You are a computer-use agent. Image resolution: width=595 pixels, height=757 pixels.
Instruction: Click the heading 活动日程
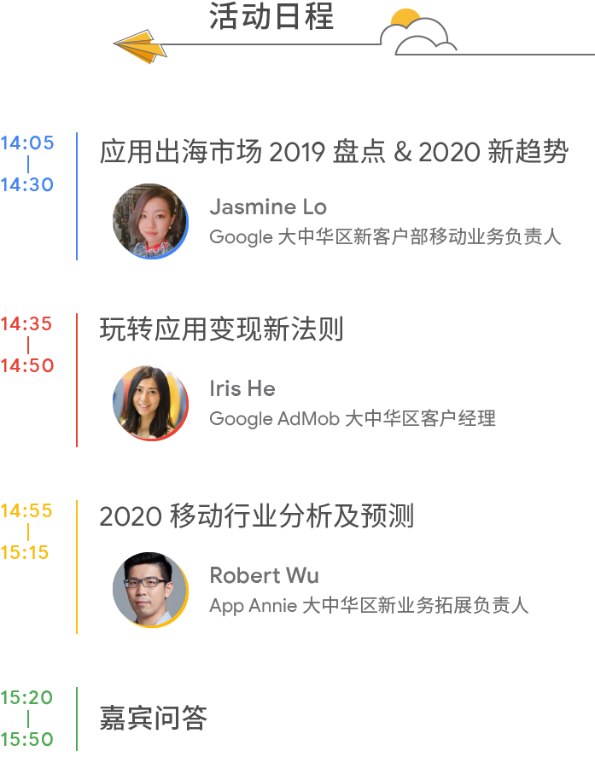click(x=271, y=17)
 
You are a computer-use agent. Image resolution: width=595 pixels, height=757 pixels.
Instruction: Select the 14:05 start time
click(x=26, y=143)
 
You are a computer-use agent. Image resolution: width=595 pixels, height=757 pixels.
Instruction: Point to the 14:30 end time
click(x=26, y=184)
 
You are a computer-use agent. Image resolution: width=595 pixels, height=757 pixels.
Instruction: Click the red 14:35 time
click(x=26, y=324)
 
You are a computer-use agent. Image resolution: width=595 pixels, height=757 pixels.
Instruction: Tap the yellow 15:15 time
click(x=26, y=552)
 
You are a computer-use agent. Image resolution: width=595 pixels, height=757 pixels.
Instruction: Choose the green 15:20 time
click(x=26, y=698)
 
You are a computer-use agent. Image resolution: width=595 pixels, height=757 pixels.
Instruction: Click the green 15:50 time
click(x=26, y=739)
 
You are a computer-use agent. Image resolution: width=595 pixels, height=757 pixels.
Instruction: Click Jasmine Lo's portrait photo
click(x=150, y=221)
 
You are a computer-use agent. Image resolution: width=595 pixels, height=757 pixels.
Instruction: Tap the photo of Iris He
click(x=150, y=403)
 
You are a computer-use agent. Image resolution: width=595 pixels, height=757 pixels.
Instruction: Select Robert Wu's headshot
click(x=150, y=589)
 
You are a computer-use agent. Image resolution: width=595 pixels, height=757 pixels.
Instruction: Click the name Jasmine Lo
click(x=268, y=207)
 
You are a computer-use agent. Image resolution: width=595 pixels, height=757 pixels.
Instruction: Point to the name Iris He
click(x=242, y=388)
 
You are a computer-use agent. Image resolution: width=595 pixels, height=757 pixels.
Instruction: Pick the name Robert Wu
click(x=265, y=575)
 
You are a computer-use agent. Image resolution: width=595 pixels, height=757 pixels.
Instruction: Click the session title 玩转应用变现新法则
click(x=221, y=329)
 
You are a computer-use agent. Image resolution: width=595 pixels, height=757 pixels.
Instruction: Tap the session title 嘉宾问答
click(x=154, y=718)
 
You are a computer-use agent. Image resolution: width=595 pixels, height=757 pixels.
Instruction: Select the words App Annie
click(x=254, y=606)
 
